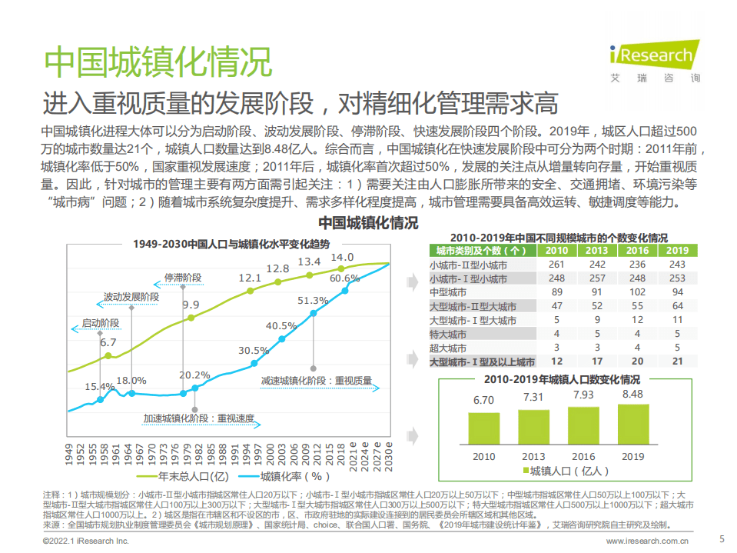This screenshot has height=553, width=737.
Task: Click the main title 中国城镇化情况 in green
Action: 158,61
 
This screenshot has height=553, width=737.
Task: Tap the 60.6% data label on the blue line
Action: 344,278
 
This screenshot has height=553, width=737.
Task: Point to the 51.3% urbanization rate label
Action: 313,300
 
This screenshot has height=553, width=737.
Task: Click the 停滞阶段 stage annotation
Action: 182,277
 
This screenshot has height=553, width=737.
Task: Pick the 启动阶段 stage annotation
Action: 100,324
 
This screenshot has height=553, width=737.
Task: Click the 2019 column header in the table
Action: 676,250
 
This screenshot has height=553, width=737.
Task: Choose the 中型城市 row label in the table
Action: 448,292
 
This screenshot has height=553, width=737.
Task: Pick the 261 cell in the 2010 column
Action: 556,265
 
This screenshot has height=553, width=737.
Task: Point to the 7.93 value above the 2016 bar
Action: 583,395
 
